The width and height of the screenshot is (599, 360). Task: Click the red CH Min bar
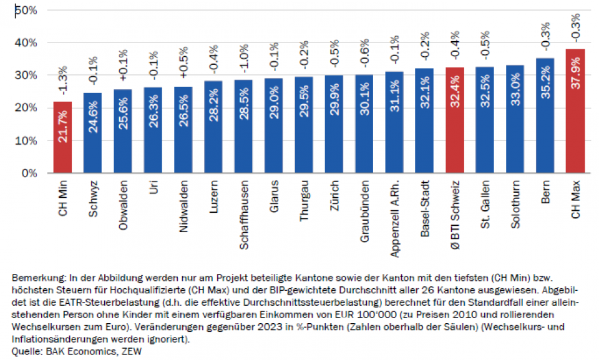62,137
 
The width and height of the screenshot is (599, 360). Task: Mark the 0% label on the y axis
29,173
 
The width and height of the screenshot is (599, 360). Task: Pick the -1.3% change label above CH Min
62,79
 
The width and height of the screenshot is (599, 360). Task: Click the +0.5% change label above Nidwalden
183,62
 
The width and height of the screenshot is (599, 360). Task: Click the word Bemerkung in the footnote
34,276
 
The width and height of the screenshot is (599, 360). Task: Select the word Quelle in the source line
26,351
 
